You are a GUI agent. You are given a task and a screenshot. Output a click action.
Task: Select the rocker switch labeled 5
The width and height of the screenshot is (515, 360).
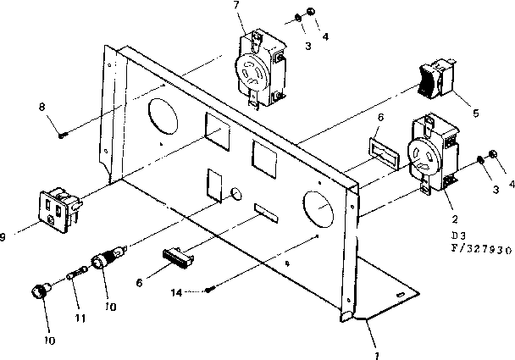coord(434,80)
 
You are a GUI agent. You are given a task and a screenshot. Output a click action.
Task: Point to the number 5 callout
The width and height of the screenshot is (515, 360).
coord(475,111)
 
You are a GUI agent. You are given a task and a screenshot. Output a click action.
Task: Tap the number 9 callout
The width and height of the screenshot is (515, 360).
coord(5,237)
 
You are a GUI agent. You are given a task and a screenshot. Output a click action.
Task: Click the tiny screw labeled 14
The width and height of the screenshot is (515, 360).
coord(208,291)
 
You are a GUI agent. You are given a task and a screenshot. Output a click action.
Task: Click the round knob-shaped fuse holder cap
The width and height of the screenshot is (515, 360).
coord(37,293)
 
